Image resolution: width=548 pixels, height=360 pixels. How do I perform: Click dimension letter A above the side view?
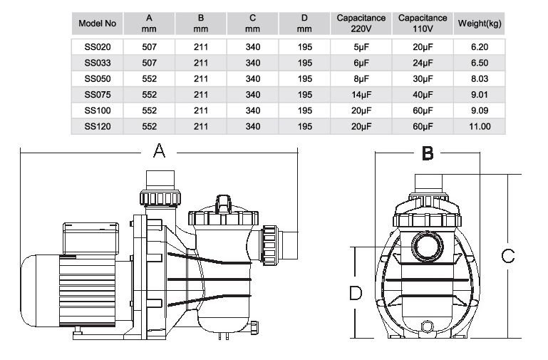pyautogui.click(x=160, y=150)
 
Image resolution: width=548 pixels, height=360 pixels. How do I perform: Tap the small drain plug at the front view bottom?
pyautogui.click(x=428, y=326)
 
